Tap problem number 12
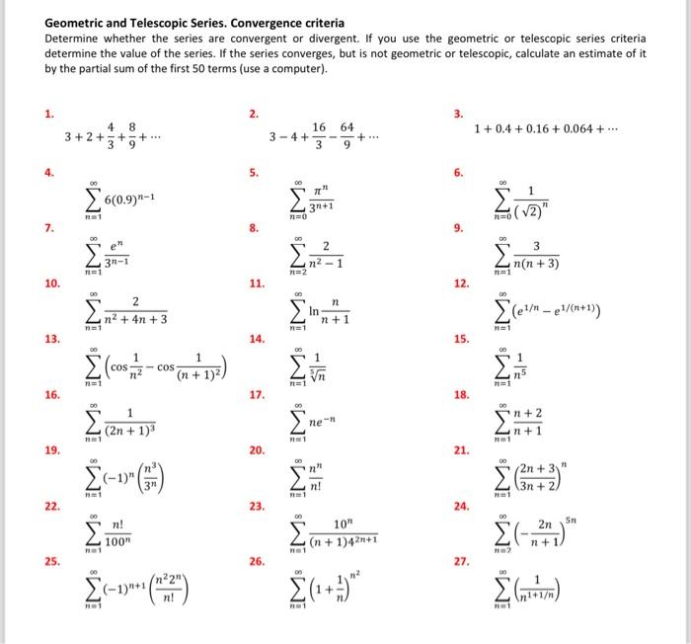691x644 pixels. pos(461,283)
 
